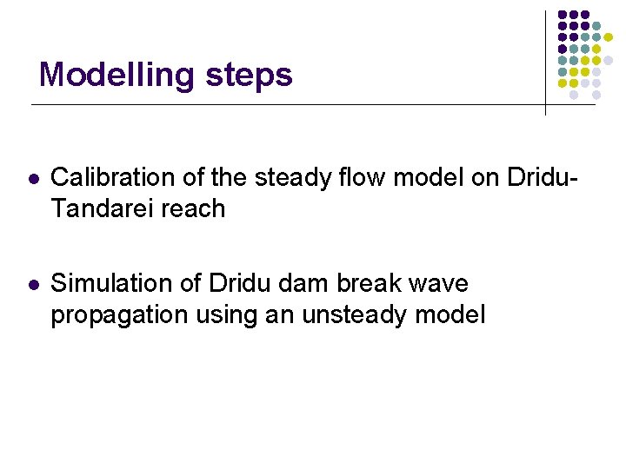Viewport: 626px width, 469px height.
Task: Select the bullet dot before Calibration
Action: [32, 178]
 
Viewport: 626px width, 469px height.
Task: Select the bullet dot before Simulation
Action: [32, 284]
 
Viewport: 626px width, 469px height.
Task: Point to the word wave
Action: [441, 284]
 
